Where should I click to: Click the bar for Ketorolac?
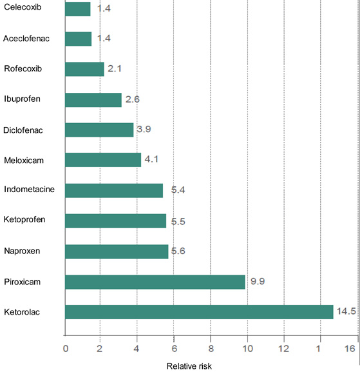click(x=199, y=312)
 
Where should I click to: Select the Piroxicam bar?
click(x=155, y=282)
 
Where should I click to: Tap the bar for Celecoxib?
click(x=78, y=9)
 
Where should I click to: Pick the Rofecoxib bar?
click(x=84, y=69)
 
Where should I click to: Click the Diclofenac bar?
click(x=99, y=130)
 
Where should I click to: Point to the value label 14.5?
click(x=346, y=311)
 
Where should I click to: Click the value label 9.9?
click(x=258, y=281)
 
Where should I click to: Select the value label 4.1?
click(x=151, y=159)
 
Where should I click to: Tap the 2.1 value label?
click(x=115, y=68)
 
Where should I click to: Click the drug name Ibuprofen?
click(x=22, y=99)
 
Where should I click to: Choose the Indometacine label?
click(x=29, y=189)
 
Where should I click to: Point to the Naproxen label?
click(x=22, y=251)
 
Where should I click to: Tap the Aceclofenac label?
click(x=26, y=39)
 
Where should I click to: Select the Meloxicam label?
click(x=24, y=161)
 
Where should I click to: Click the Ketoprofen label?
click(x=24, y=219)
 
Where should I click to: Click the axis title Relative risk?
click(x=189, y=366)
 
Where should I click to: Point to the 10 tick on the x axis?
click(x=247, y=349)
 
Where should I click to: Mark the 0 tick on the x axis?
click(x=66, y=349)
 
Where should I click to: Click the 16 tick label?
click(x=350, y=349)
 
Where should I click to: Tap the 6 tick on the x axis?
click(x=174, y=349)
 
